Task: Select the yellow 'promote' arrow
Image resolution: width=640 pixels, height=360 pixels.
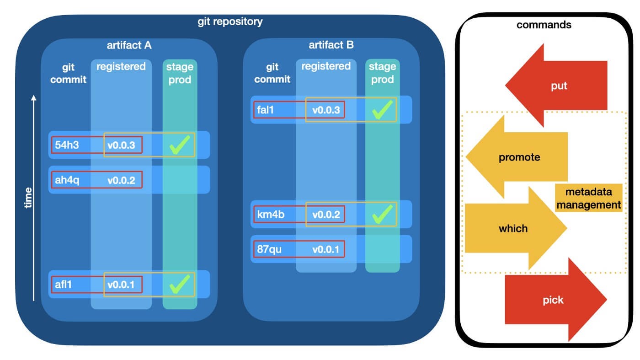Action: click(519, 157)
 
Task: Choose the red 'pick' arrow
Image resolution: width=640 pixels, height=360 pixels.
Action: click(554, 300)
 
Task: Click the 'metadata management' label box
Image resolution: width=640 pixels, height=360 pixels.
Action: click(588, 198)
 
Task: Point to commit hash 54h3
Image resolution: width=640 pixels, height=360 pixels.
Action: click(67, 145)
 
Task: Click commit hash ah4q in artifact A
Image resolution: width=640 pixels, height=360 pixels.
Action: click(67, 180)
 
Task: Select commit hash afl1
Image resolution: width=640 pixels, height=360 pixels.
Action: click(64, 285)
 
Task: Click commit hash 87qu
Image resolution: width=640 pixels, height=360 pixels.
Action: click(269, 250)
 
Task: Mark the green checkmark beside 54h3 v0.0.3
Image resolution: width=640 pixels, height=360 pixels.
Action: click(180, 145)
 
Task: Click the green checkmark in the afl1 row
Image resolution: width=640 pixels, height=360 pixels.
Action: click(180, 285)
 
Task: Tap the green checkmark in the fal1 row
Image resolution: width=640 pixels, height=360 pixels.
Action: click(382, 110)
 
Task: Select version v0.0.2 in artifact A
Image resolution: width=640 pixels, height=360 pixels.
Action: click(121, 180)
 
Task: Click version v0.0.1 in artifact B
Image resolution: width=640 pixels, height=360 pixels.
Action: click(326, 250)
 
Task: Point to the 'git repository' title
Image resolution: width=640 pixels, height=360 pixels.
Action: click(230, 21)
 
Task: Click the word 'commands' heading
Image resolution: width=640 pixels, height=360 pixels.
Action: click(544, 25)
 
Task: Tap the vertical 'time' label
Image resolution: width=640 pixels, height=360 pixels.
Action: click(28, 198)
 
